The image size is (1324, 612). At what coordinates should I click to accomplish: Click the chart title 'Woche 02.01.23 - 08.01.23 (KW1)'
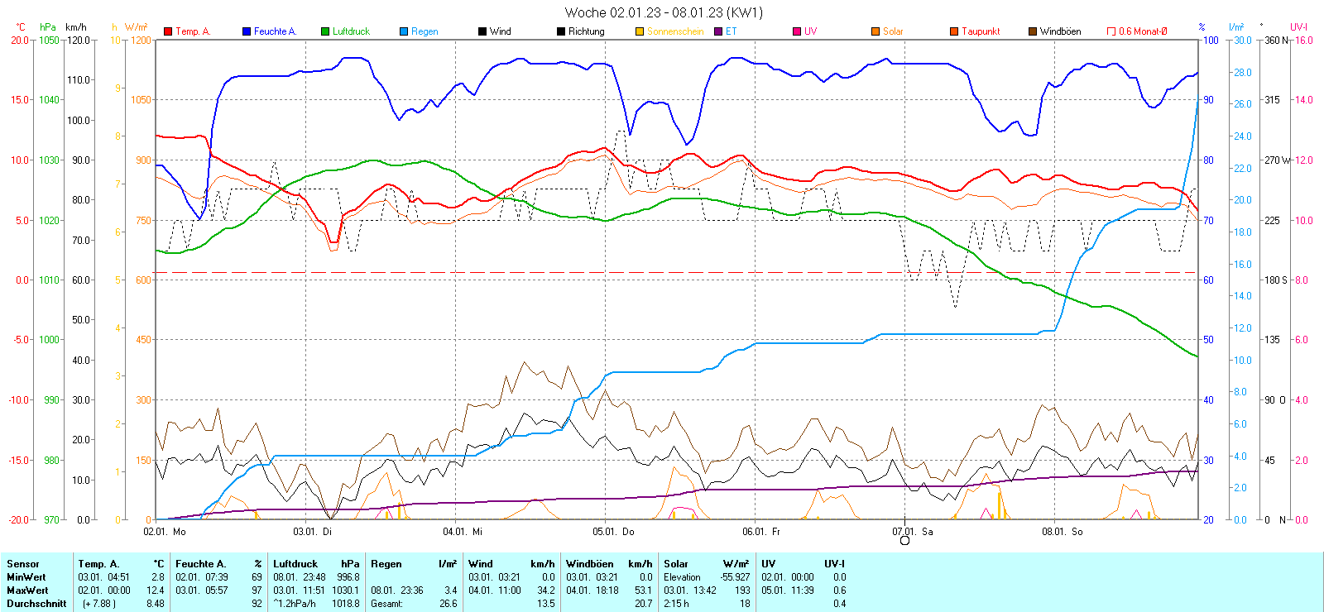(x=664, y=12)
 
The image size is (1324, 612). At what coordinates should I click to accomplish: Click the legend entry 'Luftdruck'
(x=351, y=31)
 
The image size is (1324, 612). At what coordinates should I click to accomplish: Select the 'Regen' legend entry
(x=425, y=31)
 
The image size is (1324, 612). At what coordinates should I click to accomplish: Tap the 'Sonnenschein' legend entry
(x=674, y=31)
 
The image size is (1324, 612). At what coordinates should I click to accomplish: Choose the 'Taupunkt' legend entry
(x=981, y=31)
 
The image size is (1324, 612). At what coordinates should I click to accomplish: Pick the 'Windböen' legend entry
(x=1060, y=31)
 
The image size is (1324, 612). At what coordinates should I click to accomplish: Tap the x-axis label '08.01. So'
(x=1063, y=532)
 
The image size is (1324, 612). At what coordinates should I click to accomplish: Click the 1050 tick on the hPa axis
(x=50, y=40)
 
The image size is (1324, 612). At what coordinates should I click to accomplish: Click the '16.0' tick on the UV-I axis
(x=1304, y=40)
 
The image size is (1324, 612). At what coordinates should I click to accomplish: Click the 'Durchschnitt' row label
(x=36, y=604)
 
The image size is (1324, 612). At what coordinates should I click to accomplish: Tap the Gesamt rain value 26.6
(x=448, y=604)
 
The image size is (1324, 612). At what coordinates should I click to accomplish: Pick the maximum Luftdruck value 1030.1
(x=349, y=590)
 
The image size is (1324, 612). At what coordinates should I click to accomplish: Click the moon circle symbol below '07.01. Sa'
(x=904, y=541)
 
